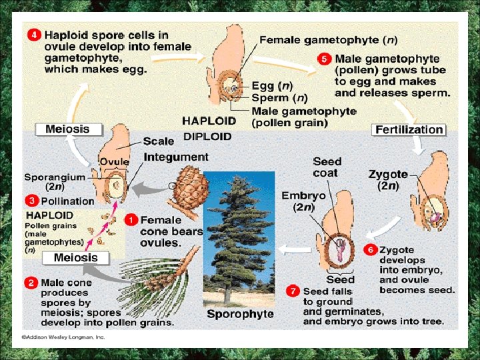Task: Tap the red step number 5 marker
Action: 325,59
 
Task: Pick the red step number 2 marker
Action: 31,283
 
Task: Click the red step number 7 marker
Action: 293,291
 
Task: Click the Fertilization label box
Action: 409,129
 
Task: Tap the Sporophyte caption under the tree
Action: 240,313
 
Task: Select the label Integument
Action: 175,157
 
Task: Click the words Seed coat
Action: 327,167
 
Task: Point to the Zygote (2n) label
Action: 388,180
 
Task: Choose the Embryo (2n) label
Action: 303,201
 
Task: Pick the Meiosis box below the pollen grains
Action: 75,257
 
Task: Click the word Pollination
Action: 67,201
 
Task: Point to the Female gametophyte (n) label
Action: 328,40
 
